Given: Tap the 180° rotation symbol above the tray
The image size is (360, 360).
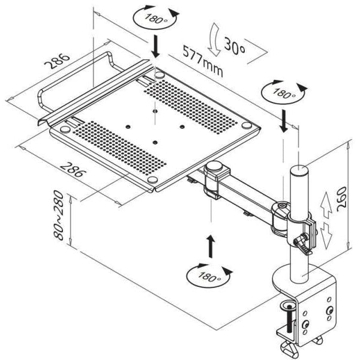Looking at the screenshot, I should point(154,19).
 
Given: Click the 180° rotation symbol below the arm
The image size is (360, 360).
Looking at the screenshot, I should point(209,275).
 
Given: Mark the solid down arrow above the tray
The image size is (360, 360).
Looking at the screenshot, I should point(155,46).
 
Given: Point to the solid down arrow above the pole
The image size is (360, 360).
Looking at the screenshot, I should point(283,122).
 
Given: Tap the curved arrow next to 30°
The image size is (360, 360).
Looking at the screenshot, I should point(214,43).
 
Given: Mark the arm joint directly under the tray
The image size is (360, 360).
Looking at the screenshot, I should point(212,180).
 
